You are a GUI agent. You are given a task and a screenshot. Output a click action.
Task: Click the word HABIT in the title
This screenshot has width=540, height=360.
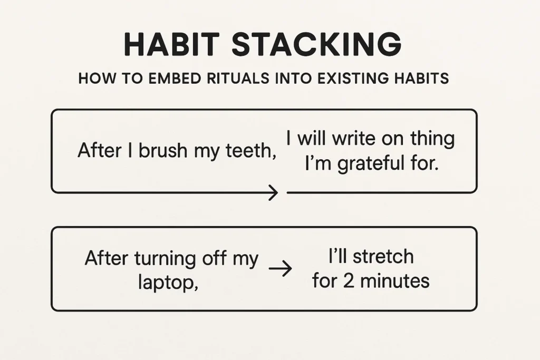point(171,44)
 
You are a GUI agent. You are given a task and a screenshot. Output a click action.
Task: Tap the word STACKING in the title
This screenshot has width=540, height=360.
point(316,44)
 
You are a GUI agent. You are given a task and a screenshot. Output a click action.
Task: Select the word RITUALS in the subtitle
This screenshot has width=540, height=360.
point(238,79)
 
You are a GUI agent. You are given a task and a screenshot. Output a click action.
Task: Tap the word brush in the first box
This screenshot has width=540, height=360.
point(163,150)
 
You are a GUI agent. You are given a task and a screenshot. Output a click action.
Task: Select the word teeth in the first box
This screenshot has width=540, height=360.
point(251,151)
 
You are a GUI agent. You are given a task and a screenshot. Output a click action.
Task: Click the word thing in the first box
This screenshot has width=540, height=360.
point(432,139)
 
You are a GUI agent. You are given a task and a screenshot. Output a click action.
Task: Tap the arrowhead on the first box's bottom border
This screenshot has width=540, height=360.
point(274,193)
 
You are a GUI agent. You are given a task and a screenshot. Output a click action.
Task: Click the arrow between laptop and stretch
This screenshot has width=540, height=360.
point(281,268)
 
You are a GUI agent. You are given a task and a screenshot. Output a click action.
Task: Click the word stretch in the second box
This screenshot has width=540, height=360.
point(383,257)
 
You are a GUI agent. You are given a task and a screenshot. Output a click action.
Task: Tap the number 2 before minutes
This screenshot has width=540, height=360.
point(349,281)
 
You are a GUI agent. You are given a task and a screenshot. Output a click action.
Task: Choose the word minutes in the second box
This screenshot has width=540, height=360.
point(394,281)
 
